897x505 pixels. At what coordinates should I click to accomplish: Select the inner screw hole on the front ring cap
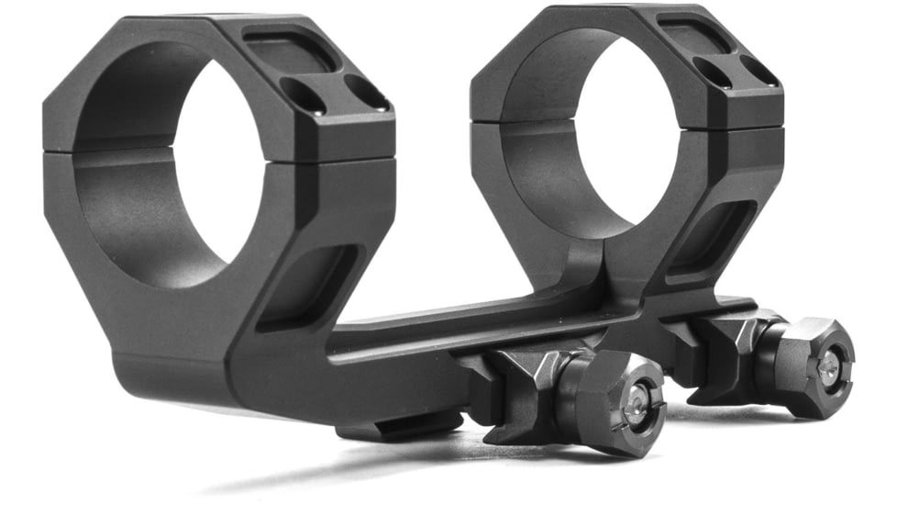point(304,95)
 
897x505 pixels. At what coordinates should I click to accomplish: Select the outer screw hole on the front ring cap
point(367,92)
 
